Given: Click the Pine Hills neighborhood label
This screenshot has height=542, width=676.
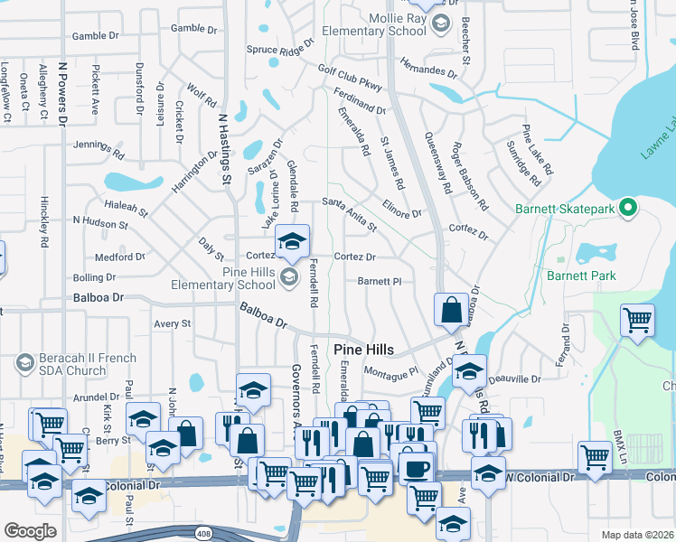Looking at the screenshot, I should click(x=366, y=350).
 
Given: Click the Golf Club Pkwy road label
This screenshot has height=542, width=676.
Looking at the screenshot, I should click(x=350, y=76).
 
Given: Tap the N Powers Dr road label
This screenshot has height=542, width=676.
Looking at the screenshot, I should click(x=62, y=90).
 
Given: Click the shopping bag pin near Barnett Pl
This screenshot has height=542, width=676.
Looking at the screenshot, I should click(x=451, y=311).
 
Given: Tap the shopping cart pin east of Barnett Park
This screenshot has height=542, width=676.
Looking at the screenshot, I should click(x=637, y=320).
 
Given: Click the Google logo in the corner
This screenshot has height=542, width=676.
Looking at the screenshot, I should click(x=30, y=531).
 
